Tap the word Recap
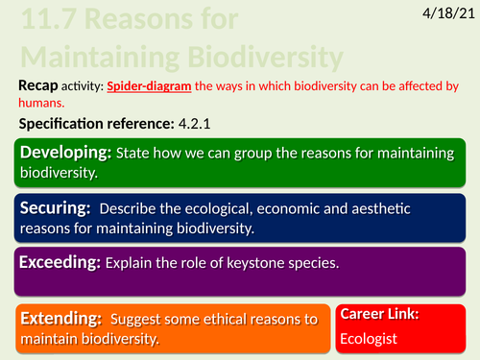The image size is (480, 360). [40, 86]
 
